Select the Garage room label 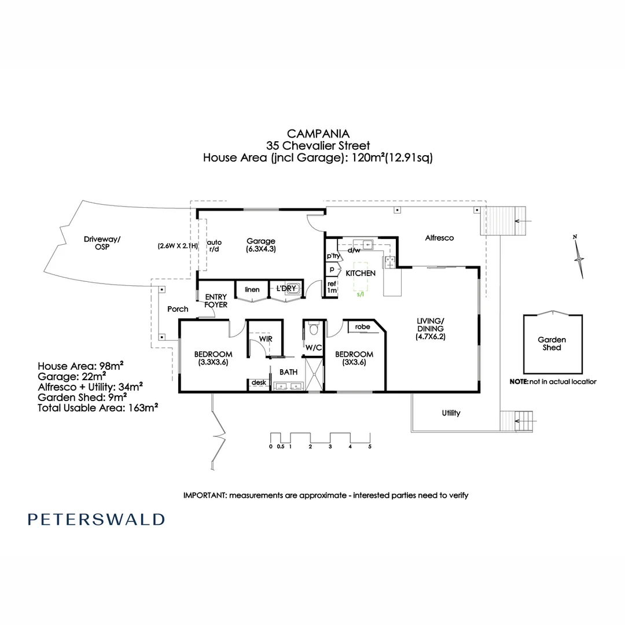[260, 241]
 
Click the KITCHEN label [361, 273]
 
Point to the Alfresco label [439, 238]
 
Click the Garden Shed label [552, 344]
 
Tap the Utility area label [451, 413]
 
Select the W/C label [314, 348]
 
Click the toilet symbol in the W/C [314, 329]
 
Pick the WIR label [266, 339]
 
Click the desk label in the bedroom [258, 383]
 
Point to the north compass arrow [578, 255]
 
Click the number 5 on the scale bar [369, 447]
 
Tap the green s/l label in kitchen [361, 294]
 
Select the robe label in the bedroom [362, 327]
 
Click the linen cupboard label [252, 289]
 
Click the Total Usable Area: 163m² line [98, 407]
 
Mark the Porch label [178, 309]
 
